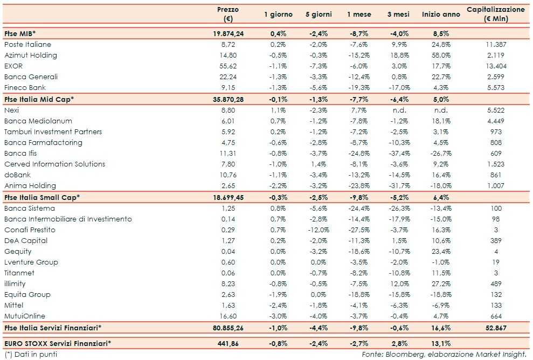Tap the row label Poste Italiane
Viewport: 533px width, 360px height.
click(27, 44)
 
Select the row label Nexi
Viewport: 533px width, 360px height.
click(11, 110)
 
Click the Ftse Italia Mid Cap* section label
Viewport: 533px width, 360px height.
click(38, 99)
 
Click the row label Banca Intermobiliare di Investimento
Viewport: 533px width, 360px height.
click(68, 219)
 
